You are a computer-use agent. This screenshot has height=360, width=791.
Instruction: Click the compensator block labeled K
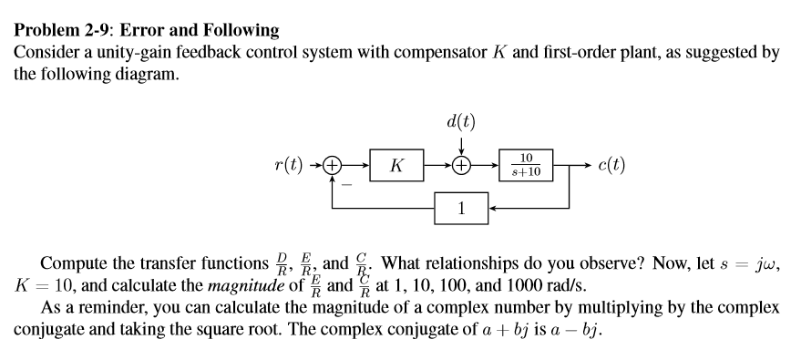[396, 165]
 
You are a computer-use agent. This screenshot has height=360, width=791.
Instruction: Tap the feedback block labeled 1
[461, 207]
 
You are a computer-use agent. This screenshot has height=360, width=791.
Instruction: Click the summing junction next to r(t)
[334, 165]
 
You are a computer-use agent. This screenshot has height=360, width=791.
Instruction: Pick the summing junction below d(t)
[461, 165]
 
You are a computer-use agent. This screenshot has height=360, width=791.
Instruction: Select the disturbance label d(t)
[461, 120]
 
